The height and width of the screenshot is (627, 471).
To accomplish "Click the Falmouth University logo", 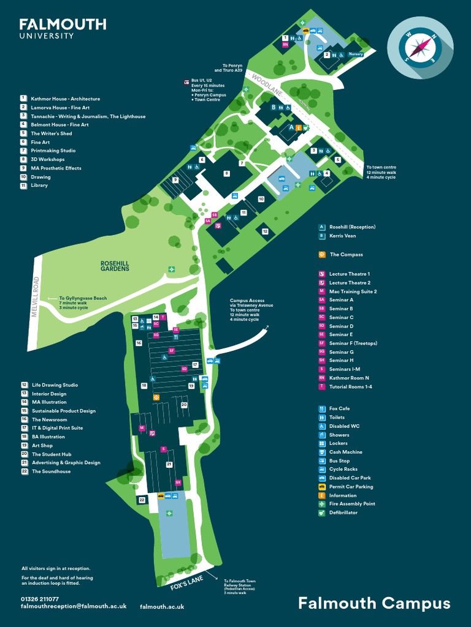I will [x=63, y=28].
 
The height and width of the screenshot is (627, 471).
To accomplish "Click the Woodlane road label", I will [x=266, y=84].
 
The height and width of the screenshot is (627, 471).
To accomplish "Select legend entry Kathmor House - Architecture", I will [x=65, y=99].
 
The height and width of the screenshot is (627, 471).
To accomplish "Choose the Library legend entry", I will [x=39, y=186].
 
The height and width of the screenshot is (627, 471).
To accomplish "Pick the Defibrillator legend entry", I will [x=343, y=512].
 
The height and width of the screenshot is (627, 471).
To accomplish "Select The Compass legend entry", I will [x=346, y=254].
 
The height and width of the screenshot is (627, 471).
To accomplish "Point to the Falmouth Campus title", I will [x=374, y=603].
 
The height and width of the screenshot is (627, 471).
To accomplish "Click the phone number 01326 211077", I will [x=40, y=599].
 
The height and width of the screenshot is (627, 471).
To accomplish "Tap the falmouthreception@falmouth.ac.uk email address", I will [x=74, y=606].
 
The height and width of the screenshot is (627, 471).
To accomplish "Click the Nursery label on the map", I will [x=356, y=54].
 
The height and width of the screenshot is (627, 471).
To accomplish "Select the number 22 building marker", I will [x=142, y=500].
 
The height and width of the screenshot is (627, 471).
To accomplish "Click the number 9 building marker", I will [x=175, y=179].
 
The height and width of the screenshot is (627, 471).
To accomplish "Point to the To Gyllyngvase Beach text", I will [x=83, y=298].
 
